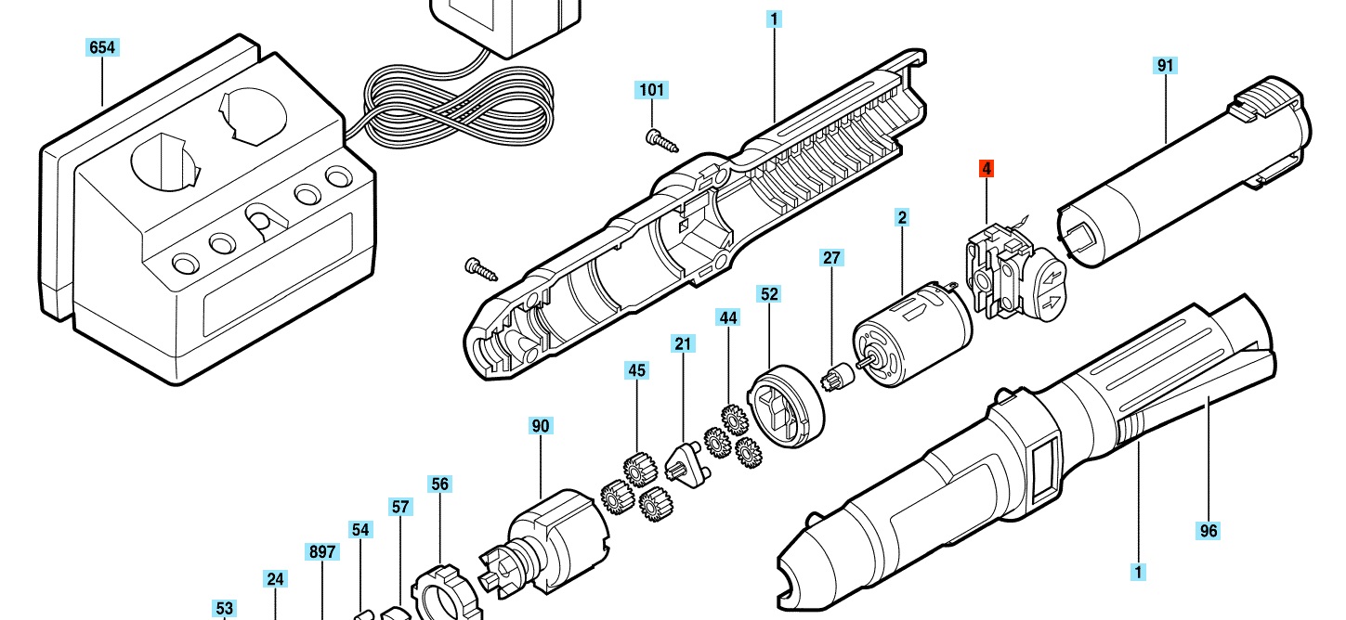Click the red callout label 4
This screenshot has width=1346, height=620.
[x=987, y=169]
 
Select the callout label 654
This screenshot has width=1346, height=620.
[x=102, y=47]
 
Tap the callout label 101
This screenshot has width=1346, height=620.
[x=652, y=90]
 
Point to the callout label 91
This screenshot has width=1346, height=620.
[x=1166, y=65]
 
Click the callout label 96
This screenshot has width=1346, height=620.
[x=1208, y=531]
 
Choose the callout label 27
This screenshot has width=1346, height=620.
[x=831, y=257]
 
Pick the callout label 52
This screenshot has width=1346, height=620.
[x=769, y=294]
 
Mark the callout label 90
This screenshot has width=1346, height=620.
[x=541, y=426]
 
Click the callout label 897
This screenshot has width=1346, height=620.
[x=321, y=551]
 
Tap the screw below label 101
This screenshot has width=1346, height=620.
[x=661, y=140]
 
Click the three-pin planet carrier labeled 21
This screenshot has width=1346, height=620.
[x=687, y=462]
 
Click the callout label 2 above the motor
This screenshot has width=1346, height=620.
[x=901, y=218]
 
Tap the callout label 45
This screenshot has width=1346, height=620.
[x=636, y=370]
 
